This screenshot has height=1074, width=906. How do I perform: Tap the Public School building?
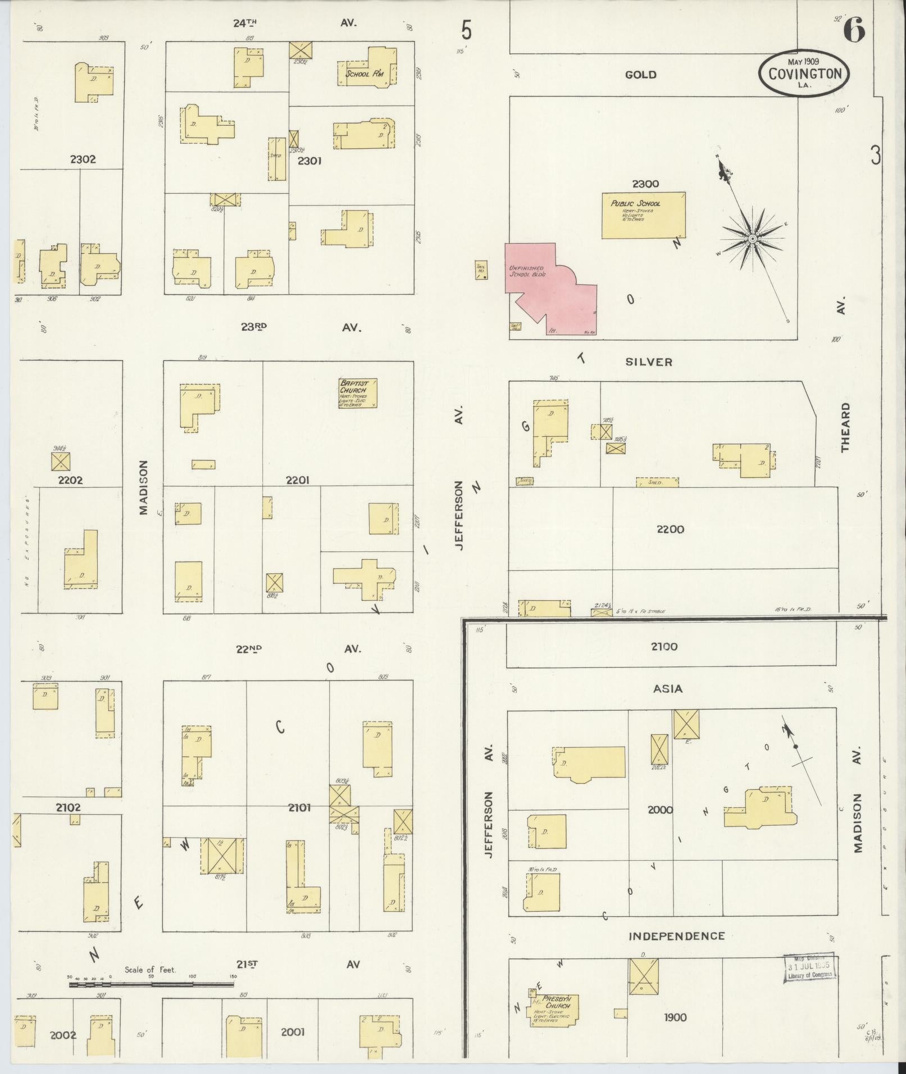(x=643, y=216)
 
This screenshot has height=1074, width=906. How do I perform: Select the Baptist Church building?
(x=357, y=393)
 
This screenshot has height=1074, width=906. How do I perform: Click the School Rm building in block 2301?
(x=368, y=70)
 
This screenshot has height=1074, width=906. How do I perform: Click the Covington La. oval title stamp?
(x=804, y=74)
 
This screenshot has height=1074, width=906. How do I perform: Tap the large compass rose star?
(x=751, y=239)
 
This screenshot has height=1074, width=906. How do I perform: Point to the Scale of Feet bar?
(x=152, y=984)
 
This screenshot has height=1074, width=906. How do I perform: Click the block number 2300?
(x=645, y=184)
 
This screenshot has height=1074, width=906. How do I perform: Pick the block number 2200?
(x=670, y=529)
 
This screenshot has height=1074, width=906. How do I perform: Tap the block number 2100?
(x=664, y=647)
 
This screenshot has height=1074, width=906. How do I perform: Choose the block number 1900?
(x=675, y=1017)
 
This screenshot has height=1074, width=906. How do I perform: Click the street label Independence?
(x=676, y=936)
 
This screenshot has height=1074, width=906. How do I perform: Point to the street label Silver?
(x=649, y=362)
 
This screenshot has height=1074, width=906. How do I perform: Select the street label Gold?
(x=640, y=75)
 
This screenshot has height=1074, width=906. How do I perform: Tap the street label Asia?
(x=668, y=689)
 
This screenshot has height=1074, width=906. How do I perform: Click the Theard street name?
(x=845, y=427)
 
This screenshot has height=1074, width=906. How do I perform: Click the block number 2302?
(x=83, y=159)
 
